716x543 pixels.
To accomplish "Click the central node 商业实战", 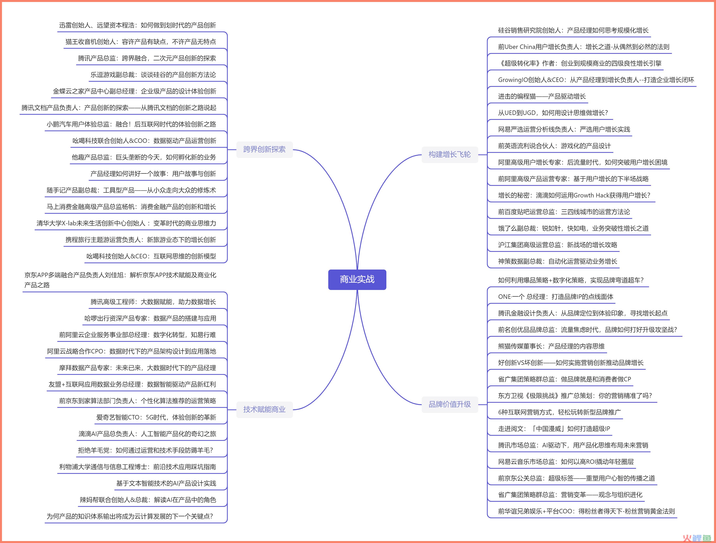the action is pyautogui.click(x=357, y=279).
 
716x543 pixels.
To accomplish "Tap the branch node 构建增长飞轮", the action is pyautogui.click(x=450, y=155).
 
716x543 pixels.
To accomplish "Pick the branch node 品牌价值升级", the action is pyautogui.click(x=450, y=404).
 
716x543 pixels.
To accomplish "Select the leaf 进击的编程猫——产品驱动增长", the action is pyautogui.click(x=542, y=96).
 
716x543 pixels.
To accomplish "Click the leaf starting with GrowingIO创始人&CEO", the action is pyautogui.click(x=596, y=80).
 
